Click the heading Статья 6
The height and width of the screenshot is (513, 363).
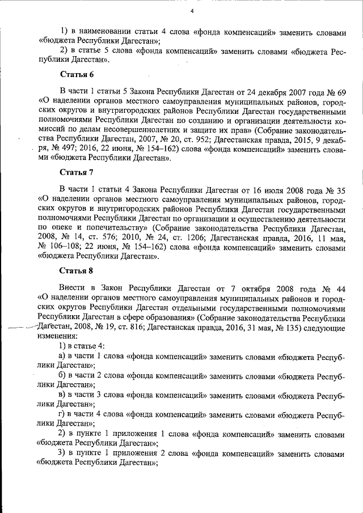77,75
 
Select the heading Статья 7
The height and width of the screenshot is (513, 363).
77,172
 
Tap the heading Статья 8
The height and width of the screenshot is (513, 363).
77,270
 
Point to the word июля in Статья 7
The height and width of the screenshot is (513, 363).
252,189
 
